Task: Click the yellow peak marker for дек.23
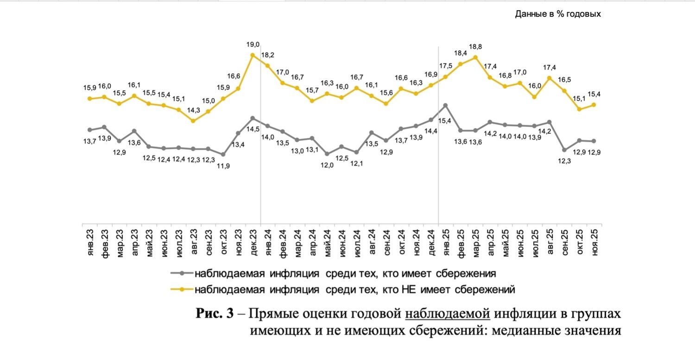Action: tap(253, 55)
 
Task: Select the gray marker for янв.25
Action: tap(445, 106)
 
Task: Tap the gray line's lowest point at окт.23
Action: tap(223, 154)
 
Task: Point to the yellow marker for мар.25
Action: tap(475, 57)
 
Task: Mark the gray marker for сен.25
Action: tap(564, 150)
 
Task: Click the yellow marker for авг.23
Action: tap(193, 121)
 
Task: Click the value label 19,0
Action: tap(253, 45)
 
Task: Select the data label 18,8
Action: tap(475, 47)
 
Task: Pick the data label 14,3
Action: tap(193, 110)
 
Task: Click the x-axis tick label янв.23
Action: tap(90, 241)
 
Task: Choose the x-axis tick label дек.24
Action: tap(430, 241)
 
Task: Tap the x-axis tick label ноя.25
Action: tap(594, 241)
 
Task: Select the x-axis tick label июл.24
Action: tap(357, 241)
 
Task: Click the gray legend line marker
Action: tap(181, 273)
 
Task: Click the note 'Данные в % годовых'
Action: tap(558, 14)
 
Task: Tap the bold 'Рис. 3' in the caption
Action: tap(215, 314)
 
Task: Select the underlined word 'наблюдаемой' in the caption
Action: tap(447, 314)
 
